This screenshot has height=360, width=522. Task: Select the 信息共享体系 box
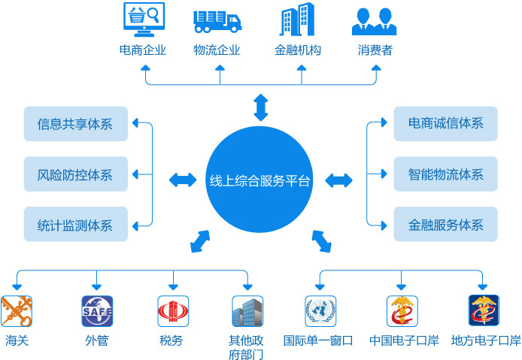click(75, 124)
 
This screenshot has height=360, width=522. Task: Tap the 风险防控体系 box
click(75, 174)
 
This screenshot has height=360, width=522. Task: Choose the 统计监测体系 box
click(75, 224)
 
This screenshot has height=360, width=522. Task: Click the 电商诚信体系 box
click(445, 124)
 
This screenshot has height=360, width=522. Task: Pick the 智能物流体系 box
click(445, 174)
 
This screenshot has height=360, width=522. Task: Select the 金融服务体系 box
click(445, 224)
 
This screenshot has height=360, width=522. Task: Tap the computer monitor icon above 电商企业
click(143, 20)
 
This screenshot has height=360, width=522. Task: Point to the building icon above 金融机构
click(297, 20)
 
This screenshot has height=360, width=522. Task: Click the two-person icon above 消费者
click(374, 20)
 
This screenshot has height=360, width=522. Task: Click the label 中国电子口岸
click(404, 340)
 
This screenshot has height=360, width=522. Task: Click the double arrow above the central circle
click(260, 107)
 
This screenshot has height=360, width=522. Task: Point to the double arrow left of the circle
click(183, 180)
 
